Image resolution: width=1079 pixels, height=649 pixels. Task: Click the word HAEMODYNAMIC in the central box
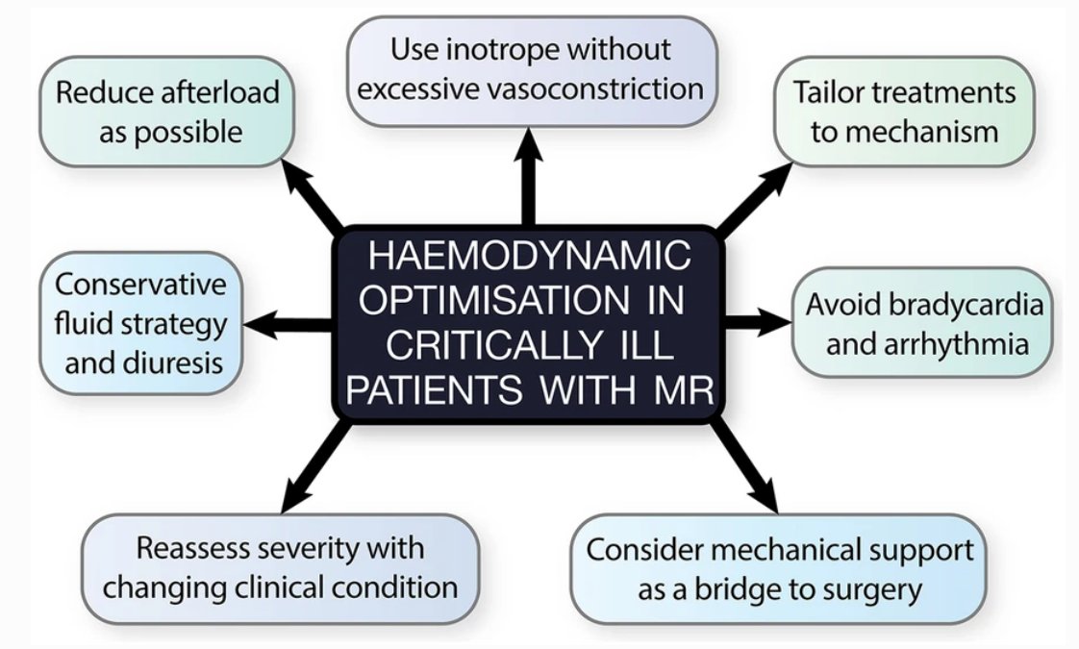529,256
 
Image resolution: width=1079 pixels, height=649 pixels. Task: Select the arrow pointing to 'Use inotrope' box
529,176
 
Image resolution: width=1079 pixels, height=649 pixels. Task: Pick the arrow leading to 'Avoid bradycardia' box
757,321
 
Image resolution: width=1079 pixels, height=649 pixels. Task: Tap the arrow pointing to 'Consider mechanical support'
743,465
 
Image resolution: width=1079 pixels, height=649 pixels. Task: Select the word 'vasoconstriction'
590,88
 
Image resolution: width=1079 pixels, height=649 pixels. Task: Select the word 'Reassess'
183,548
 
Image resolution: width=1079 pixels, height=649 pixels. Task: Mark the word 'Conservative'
140,285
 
